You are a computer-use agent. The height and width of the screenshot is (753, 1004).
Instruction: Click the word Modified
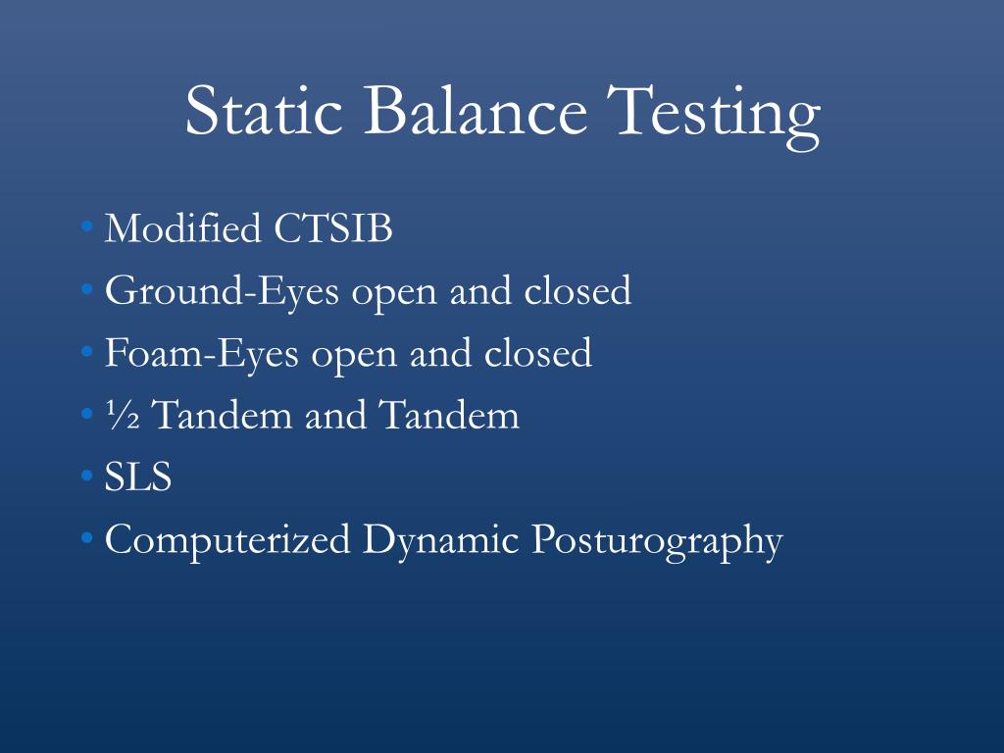182,229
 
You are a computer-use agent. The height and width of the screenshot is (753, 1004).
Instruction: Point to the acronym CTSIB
333,229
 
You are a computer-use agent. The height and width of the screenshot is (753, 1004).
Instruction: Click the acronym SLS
138,478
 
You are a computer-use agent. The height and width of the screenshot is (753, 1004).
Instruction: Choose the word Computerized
227,541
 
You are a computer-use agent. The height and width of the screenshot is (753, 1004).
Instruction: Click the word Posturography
657,541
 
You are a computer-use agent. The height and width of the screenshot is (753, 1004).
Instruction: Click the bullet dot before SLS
88,479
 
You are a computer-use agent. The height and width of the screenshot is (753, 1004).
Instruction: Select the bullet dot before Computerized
88,541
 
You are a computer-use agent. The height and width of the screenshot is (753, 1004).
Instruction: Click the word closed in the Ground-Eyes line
577,291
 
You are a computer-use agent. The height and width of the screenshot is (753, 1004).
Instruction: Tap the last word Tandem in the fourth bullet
449,417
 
